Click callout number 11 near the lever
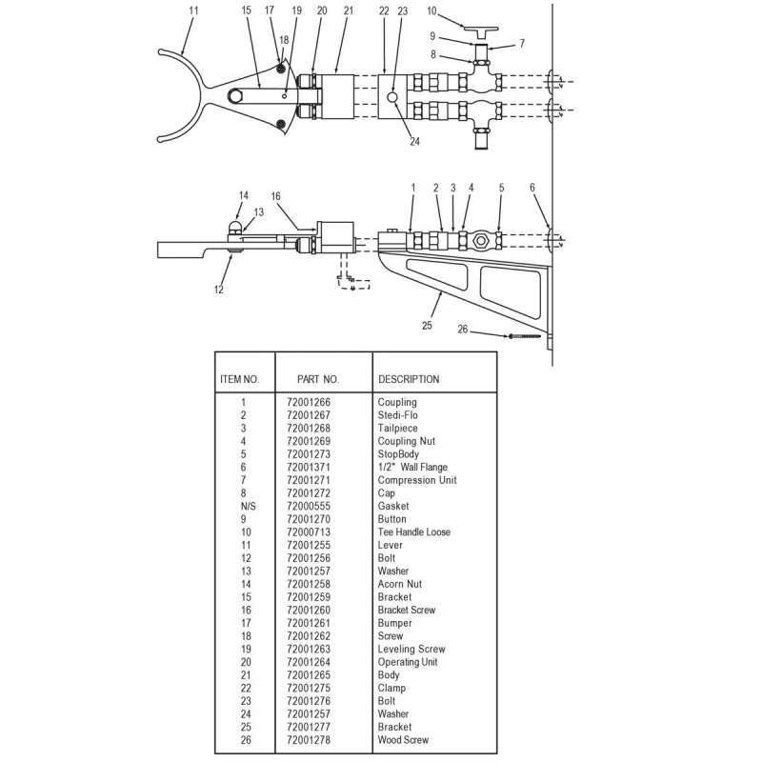(194, 11)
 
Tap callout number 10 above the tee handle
(431, 11)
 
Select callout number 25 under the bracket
(426, 325)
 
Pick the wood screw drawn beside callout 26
(525, 336)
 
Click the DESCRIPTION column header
(409, 379)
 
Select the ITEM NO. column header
(239, 379)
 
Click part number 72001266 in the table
(309, 403)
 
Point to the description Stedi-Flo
(397, 415)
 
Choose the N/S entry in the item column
(243, 506)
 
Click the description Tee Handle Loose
(414, 531)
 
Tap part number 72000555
(309, 506)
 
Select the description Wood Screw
(403, 739)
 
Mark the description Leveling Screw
(411, 649)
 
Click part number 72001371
(309, 467)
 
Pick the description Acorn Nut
(400, 584)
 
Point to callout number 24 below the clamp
(414, 142)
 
